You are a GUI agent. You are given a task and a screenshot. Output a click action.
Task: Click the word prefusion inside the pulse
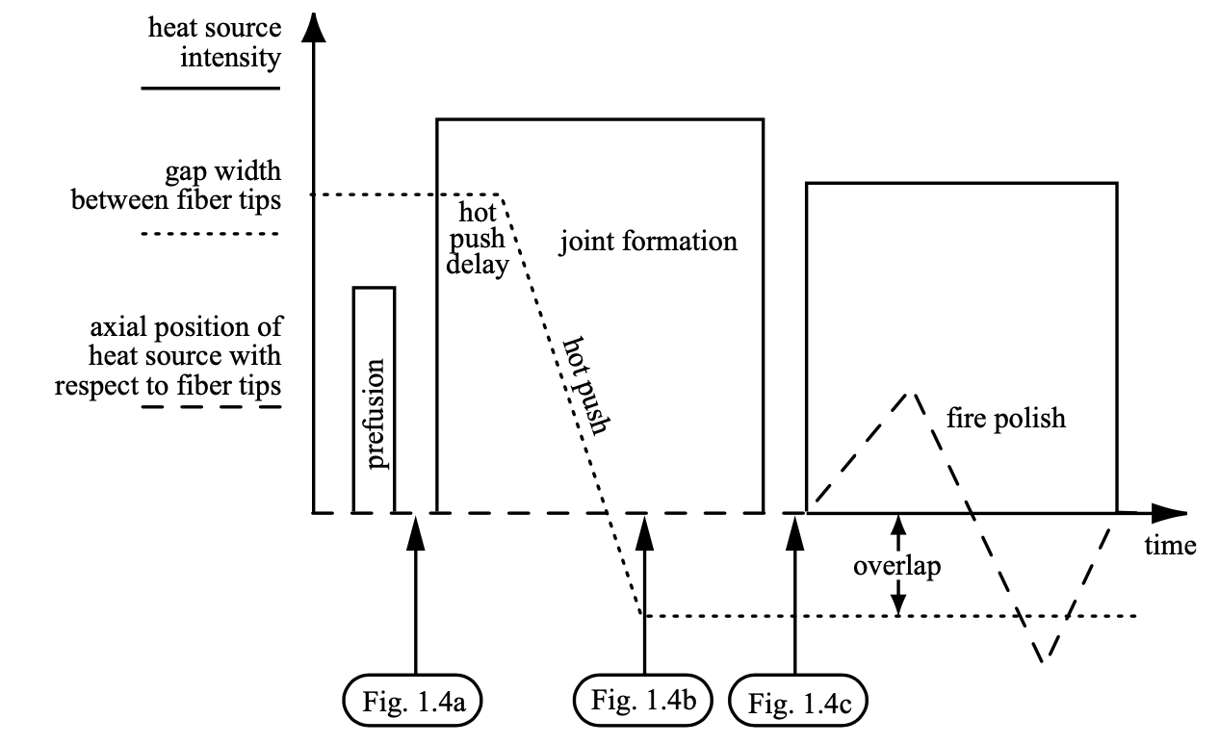(375, 413)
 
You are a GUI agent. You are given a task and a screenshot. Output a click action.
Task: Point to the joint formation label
(649, 241)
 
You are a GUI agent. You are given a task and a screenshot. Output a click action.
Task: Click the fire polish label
(1005, 419)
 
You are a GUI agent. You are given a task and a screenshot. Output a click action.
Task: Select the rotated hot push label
(588, 385)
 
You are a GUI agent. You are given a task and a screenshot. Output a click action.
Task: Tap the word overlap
(896, 566)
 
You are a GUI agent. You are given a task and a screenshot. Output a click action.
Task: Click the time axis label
(1170, 546)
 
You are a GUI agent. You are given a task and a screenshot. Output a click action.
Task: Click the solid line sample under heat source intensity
(210, 89)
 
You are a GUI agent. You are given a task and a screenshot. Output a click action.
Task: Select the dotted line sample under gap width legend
(210, 234)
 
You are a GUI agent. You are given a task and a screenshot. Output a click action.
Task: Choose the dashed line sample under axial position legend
(210, 407)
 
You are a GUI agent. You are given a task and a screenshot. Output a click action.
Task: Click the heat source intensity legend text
(215, 42)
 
